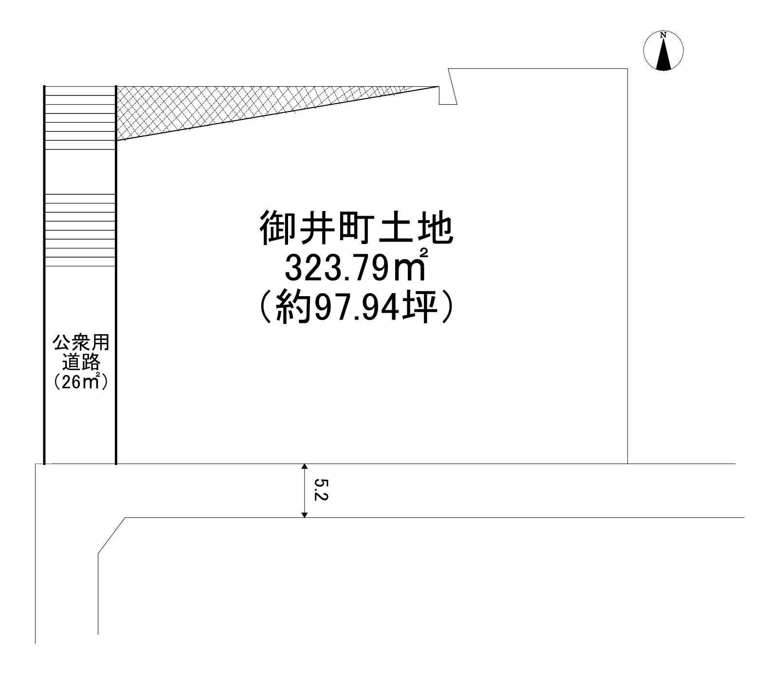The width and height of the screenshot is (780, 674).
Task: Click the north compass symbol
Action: click(x=663, y=50)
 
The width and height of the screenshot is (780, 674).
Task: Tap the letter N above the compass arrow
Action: click(x=663, y=35)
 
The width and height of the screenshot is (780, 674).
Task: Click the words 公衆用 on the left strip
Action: click(x=81, y=343)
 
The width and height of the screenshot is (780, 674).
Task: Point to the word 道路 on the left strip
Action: click(x=81, y=363)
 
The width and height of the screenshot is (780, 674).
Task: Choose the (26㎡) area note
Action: click(x=81, y=382)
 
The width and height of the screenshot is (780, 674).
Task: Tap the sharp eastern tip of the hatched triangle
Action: click(x=438, y=87)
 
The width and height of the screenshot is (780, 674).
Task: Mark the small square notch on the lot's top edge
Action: click(x=448, y=95)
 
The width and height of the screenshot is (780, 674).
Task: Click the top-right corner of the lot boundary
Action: click(x=627, y=69)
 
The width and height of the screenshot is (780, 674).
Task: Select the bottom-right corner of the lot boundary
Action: click(x=627, y=464)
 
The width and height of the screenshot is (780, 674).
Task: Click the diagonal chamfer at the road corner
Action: click(x=112, y=535)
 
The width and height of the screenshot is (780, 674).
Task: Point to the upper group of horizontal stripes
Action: click(x=80, y=117)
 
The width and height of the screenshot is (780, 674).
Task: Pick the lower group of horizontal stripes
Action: click(x=80, y=230)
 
